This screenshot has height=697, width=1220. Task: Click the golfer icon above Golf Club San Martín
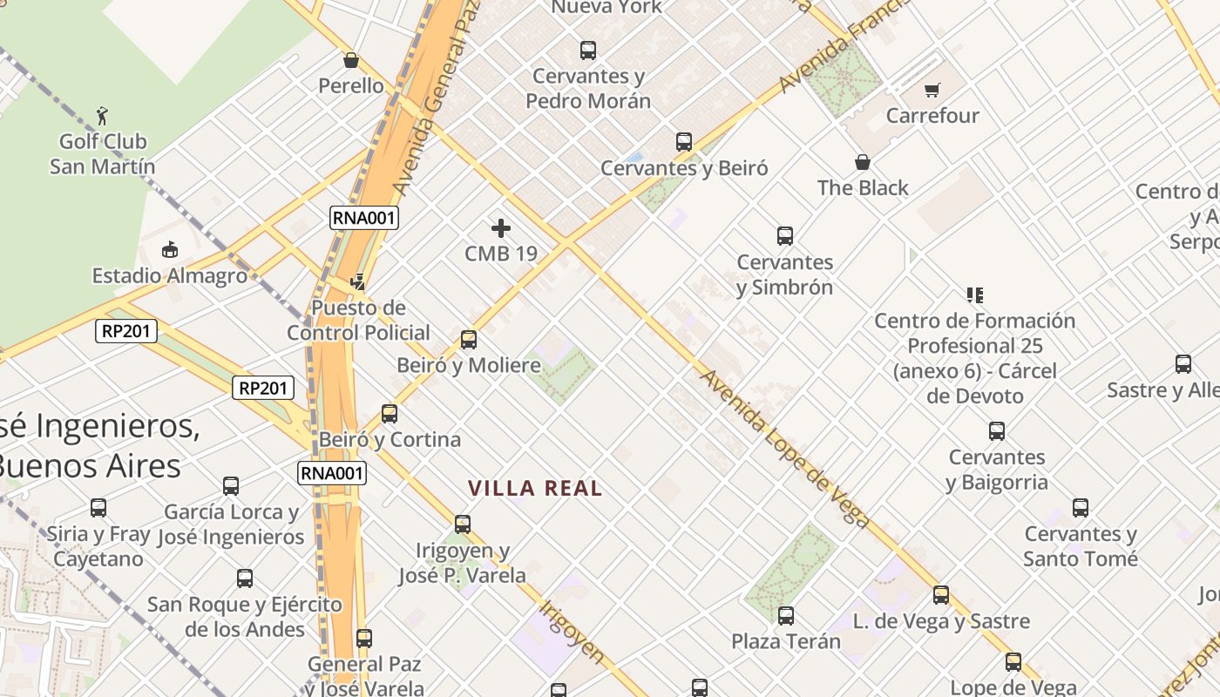[x=102, y=115]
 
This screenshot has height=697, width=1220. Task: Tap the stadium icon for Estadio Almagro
[x=170, y=250]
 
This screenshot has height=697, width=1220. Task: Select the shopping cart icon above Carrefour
[x=932, y=90]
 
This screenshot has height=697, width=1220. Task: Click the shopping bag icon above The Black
[x=863, y=162]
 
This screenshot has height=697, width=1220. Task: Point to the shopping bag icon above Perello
[x=351, y=60]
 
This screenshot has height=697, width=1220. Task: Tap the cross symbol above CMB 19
[x=501, y=228]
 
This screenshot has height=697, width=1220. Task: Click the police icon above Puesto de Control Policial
[x=357, y=282]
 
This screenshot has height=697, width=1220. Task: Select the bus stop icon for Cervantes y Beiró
[x=684, y=141]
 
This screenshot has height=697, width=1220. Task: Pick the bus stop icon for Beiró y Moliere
[x=469, y=339]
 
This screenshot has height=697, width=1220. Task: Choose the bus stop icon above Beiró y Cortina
[x=390, y=413]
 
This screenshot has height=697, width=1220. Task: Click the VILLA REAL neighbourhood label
[x=535, y=489]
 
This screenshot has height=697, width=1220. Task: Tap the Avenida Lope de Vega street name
[x=784, y=449]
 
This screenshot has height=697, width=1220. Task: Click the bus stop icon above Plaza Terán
[x=786, y=616]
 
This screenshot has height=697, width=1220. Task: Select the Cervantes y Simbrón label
[x=784, y=274]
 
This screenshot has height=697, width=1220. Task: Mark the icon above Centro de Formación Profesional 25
[x=974, y=295]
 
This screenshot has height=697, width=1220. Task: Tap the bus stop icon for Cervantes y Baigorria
[x=997, y=430]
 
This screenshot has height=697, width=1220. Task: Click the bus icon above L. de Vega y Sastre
[x=941, y=595]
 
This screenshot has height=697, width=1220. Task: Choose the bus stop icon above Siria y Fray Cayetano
[x=98, y=507]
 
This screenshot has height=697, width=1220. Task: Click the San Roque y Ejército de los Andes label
[x=244, y=617]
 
